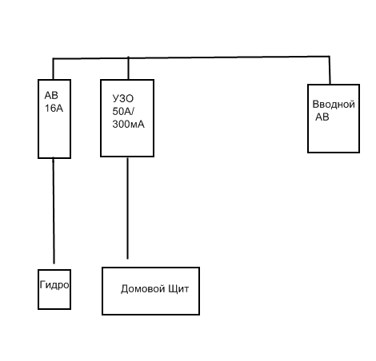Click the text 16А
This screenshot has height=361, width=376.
(54, 109)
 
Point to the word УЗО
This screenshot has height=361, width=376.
(123, 98)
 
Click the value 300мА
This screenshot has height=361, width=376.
(129, 124)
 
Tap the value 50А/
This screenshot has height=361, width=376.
(123, 111)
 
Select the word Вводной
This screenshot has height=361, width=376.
(334, 104)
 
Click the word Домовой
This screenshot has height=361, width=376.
(140, 289)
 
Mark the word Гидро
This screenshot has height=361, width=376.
(54, 285)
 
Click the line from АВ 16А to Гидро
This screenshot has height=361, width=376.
(54, 211)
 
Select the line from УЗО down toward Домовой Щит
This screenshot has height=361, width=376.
(127, 208)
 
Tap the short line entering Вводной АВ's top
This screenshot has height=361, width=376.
(330, 70)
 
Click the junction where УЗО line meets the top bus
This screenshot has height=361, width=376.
(128, 58)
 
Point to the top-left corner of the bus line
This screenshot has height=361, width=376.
(53, 58)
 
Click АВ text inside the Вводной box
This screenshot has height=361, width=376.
(322, 117)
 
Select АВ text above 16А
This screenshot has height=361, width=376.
(51, 95)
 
